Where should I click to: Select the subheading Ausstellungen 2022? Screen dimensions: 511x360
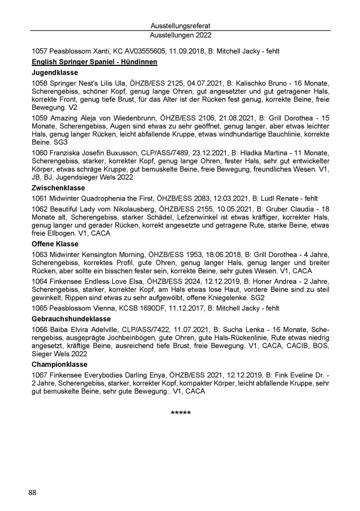tap(180, 35)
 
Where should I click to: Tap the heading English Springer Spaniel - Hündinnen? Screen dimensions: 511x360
tap(94, 62)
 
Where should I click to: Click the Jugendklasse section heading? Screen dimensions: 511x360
tap(52, 73)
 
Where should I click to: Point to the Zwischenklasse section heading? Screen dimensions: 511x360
tap(58, 188)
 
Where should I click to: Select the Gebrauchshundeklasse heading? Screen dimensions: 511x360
tap(71, 318)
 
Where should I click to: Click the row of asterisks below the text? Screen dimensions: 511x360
tap(180, 413)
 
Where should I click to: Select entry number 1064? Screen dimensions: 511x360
tap(39, 281)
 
